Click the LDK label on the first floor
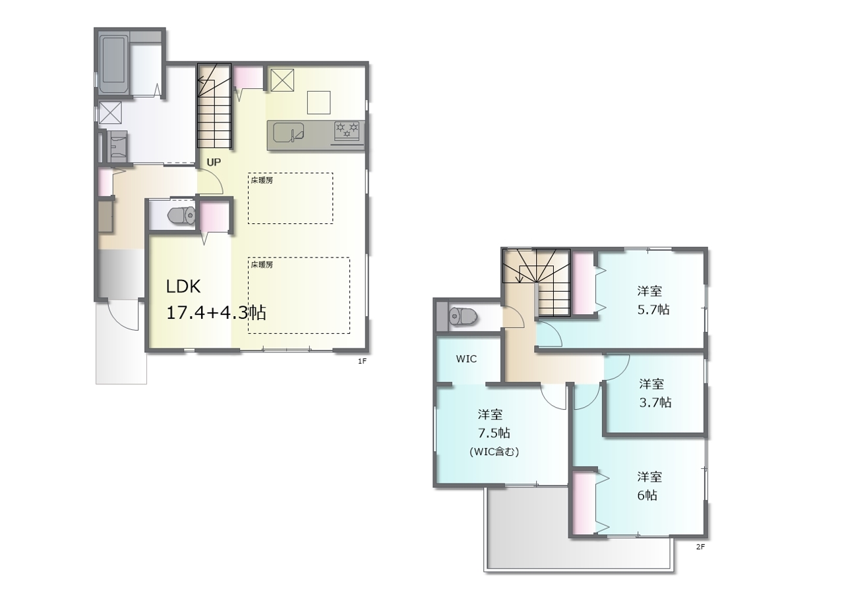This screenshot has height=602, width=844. coord(183,287)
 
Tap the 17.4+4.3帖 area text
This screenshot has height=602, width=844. coord(216,312)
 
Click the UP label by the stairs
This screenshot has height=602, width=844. coord(214,162)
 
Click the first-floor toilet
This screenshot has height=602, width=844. coord(181,216)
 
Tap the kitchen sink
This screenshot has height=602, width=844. coord(289,133)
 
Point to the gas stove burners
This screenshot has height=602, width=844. coord(347,130)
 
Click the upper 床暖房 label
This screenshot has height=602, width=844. coord(262,180)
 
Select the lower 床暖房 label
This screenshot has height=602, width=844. coord(262,265)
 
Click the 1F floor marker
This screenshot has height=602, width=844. coord(362,361)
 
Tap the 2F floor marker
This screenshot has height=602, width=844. coord(700,547)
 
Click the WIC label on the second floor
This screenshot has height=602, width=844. coord(466,359)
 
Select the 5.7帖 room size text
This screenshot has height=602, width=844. coord(653,310)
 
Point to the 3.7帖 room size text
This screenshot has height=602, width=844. coord(655,402)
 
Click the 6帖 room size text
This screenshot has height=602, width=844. coord(648,495)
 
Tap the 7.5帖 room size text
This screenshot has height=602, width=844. coord(494,433)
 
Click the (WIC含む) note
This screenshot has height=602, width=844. coord(494,452)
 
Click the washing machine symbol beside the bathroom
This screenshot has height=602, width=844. coord(110,113)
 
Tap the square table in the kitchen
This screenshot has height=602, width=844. coord(318,102)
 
